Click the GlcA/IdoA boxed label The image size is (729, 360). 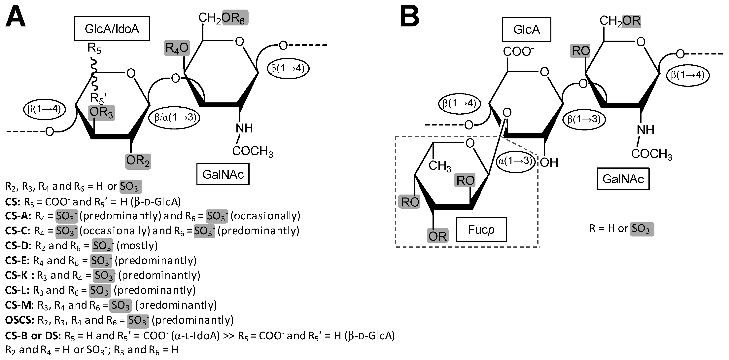pos(112,29)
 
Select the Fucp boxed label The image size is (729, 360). pos(481,229)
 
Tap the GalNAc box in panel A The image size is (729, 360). pos(223,174)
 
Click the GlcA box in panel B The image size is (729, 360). pos(526,29)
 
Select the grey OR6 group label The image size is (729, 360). pos(235,18)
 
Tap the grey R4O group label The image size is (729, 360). pos(177,48)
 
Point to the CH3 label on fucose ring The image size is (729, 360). pos(439,166)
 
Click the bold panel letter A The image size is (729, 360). pos(16,17)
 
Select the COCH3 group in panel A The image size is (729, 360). pos(252,151)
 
